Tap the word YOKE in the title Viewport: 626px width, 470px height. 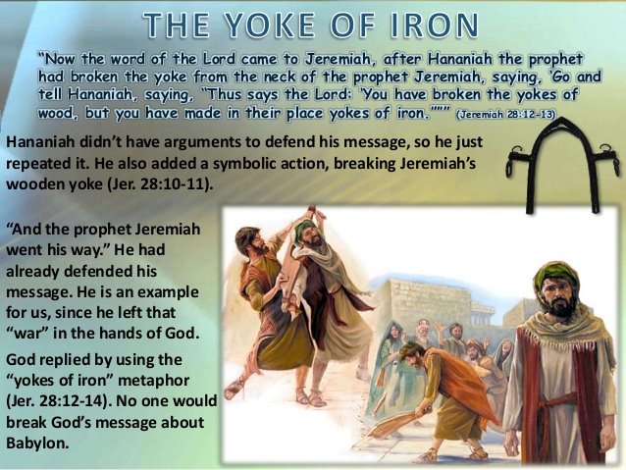click(270, 25)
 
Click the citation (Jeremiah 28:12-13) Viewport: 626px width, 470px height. click(505, 115)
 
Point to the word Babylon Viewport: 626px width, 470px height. click(37, 443)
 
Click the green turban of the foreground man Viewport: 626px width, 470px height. click(555, 277)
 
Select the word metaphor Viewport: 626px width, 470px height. click(154, 380)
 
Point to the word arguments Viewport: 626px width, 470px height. click(201, 142)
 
